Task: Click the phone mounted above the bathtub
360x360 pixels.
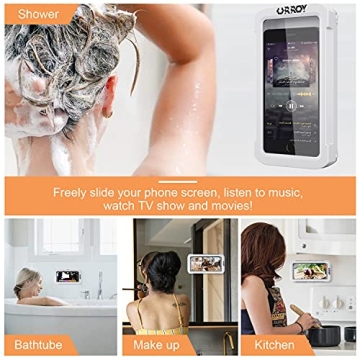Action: coord(68,274)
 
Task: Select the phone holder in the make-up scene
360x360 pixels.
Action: coord(206,264)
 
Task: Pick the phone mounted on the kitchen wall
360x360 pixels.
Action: coord(305,270)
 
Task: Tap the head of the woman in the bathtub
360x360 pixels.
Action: coord(27,279)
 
